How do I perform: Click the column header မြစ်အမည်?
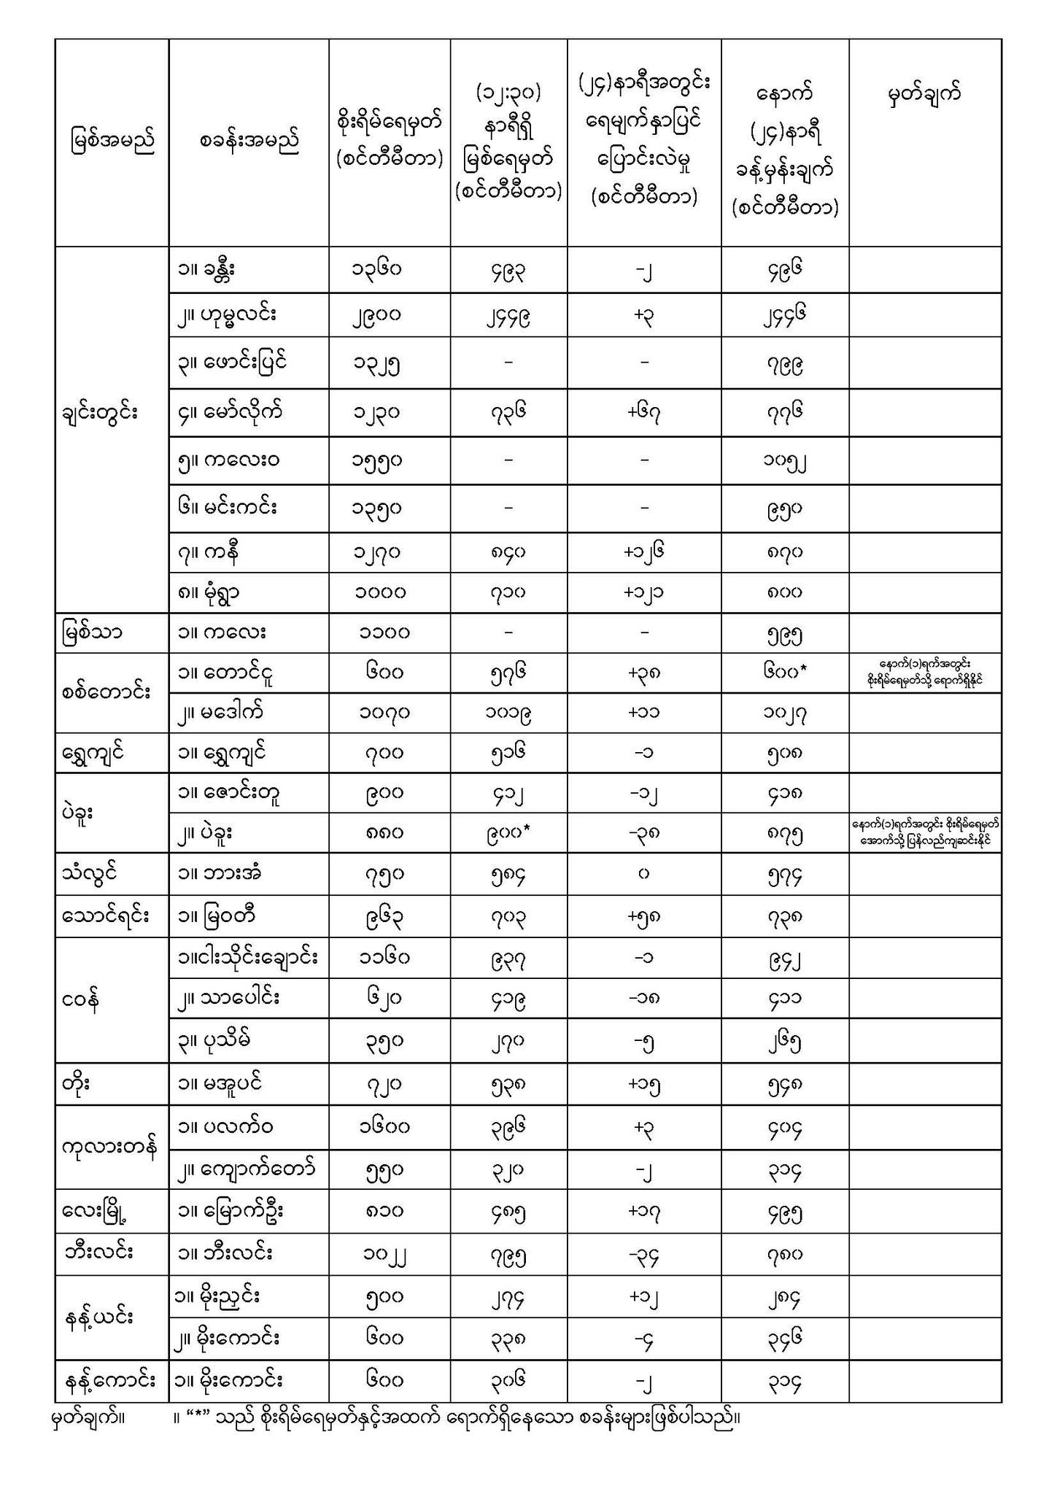coord(112,141)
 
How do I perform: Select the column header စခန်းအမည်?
coord(249,141)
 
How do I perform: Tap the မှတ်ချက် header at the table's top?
coord(924,96)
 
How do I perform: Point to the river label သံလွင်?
coord(90,872)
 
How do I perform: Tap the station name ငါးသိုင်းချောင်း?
coord(248,957)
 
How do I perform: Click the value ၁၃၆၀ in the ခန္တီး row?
coord(376,270)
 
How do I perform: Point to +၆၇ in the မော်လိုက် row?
coord(644,413)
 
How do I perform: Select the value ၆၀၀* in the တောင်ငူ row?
coord(785,673)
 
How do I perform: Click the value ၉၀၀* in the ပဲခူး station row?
coord(508,832)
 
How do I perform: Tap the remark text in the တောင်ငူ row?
coord(925,673)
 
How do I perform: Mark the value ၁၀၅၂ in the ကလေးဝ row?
coord(784,461)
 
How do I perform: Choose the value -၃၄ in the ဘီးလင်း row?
coord(644,1255)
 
